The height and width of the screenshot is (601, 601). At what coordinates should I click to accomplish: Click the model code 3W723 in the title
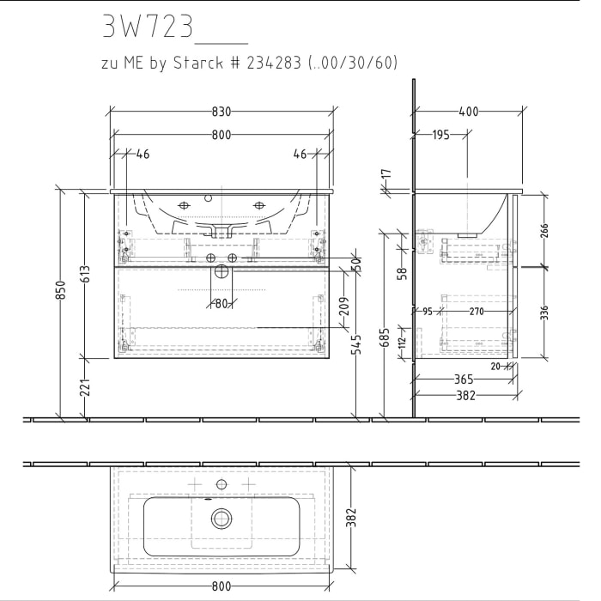click(x=147, y=28)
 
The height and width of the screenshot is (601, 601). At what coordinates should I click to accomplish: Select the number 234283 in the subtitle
click(x=270, y=63)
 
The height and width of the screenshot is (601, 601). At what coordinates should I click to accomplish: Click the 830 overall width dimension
click(x=222, y=112)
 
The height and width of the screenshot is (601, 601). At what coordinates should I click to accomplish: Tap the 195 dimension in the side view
click(x=440, y=135)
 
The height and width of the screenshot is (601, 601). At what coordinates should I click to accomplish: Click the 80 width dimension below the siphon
click(x=222, y=303)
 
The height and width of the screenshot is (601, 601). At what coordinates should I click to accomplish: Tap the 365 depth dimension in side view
click(x=464, y=379)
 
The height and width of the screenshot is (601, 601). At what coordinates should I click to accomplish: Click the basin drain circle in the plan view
click(x=222, y=518)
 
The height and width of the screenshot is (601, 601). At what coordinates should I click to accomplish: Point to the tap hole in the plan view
click(x=222, y=485)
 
